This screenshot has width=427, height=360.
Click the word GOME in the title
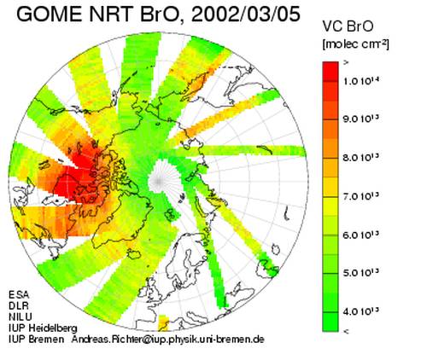[x=50, y=14]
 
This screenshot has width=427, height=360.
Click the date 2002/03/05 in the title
[x=246, y=15]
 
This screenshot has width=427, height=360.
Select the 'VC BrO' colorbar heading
[x=348, y=26]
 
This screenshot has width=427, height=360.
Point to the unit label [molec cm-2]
[x=355, y=44]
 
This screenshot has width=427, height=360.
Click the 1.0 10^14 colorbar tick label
[x=361, y=81]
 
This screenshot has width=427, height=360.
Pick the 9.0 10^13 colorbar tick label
[x=361, y=119]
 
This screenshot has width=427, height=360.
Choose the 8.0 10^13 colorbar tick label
[x=361, y=157]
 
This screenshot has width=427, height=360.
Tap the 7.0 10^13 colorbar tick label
[x=361, y=196]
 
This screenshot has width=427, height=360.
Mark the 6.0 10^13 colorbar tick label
[x=361, y=235]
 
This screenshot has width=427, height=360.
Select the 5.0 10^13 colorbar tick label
[x=361, y=273]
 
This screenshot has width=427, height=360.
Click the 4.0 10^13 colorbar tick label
[x=361, y=311]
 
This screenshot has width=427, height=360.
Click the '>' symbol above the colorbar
[x=346, y=63]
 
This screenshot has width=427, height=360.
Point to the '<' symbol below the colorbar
[x=346, y=331]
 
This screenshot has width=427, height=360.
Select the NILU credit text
[x=20, y=316]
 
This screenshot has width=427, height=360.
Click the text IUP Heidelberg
[x=43, y=328]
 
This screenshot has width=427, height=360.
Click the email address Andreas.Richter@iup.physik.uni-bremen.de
[x=167, y=340]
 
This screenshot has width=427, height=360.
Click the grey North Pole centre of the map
[x=158, y=180]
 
